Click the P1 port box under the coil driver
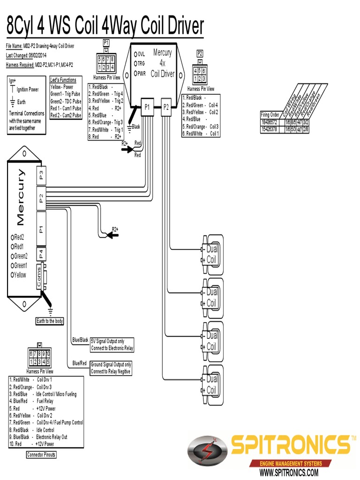[x=147, y=107]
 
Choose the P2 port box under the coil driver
[x=166, y=107]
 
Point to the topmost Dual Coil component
[x=211, y=255]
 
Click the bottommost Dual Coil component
[x=211, y=384]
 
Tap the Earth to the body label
[x=50, y=321]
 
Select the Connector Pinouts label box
[x=41, y=455]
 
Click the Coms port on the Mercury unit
[x=39, y=277]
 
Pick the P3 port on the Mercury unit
[x=41, y=176]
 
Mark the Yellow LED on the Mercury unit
[x=13, y=275]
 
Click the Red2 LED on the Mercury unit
[x=13, y=237]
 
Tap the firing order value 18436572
[x=270, y=122]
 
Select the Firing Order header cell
[x=270, y=115]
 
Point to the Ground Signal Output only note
[x=111, y=368]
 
